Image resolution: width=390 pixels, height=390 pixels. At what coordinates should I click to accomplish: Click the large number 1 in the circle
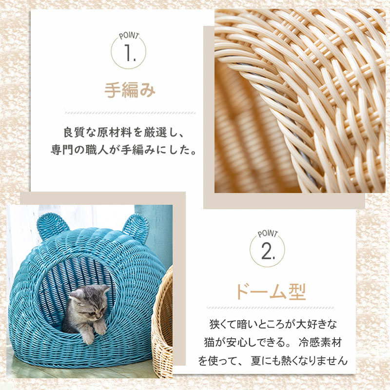coord(129,53)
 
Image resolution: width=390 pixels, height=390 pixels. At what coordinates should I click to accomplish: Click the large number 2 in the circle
coord(268,251)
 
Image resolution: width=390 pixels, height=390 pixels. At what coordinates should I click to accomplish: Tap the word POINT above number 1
coord(129,36)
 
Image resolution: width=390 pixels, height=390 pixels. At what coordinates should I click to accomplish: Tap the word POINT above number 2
coord(268,234)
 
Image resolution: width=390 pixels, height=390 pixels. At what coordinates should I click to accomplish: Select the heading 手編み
coord(130,90)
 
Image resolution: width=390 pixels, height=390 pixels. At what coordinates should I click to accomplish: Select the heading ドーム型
coord(271,292)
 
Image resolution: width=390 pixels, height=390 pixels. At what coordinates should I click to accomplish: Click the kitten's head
coord(90,301)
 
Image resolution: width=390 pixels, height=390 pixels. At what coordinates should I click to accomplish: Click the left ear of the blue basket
coord(53,225)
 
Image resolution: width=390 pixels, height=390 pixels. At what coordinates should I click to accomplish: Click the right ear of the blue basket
coord(136,228)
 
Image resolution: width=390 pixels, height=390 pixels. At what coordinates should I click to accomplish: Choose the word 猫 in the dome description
coord(209,342)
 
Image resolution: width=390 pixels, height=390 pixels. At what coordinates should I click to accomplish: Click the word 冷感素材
coord(320,342)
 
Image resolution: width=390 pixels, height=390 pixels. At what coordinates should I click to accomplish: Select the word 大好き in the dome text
coord(300,324)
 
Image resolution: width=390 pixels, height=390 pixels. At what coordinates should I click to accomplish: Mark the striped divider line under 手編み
coord(130,113)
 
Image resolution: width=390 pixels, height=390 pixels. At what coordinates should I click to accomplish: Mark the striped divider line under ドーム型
coord(271,308)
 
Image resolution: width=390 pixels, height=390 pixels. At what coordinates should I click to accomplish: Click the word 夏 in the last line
coord(255,360)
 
